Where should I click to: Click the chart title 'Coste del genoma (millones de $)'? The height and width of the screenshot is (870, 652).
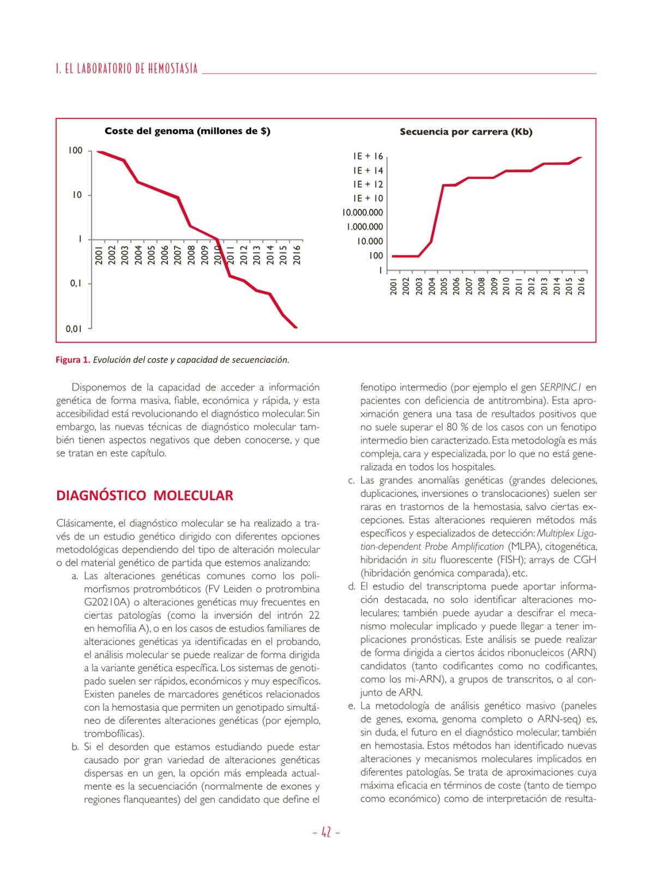[x=187, y=131]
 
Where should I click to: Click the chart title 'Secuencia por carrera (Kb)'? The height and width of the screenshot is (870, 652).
[x=466, y=132]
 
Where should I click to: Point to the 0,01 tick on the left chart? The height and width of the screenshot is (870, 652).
[x=74, y=328]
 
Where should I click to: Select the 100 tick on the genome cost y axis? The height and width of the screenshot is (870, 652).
[x=75, y=151]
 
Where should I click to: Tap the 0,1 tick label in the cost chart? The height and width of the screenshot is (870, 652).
[x=76, y=284]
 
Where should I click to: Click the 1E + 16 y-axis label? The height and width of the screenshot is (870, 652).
[x=368, y=157]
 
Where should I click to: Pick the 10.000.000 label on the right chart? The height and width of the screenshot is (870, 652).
[x=363, y=213]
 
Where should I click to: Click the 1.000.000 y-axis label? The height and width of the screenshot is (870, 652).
[x=365, y=227]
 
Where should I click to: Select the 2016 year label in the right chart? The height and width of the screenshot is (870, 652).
[x=581, y=286]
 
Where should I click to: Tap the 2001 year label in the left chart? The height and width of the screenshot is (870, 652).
[x=99, y=255]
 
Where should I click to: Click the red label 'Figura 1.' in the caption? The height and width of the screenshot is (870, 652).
[x=73, y=360]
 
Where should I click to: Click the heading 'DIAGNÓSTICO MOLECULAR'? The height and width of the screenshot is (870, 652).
[x=144, y=496]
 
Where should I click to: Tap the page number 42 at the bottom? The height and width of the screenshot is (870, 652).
[x=326, y=832]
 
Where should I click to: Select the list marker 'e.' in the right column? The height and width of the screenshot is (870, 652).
[x=352, y=706]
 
